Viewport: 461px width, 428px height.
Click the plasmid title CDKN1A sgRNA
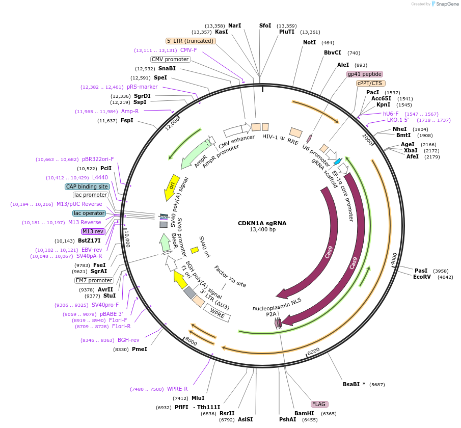[262, 223]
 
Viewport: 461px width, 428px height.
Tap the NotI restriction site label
[309, 43]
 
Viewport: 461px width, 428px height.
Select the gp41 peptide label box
[365, 74]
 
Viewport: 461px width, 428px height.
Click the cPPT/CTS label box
[371, 83]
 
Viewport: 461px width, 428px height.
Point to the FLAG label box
[319, 404]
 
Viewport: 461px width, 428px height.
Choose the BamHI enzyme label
[305, 414]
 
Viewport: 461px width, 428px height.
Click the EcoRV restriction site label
[422, 277]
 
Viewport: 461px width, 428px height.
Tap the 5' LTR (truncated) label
[191, 41]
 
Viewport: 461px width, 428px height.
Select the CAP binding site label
[87, 186]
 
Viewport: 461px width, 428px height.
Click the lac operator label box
[89, 213]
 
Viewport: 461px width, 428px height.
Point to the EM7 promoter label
[94, 280]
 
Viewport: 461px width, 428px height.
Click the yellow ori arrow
[172, 187]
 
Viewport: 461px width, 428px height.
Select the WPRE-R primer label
[177, 389]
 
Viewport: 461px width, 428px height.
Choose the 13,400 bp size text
[262, 230]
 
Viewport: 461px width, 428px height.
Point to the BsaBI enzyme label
[352, 385]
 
